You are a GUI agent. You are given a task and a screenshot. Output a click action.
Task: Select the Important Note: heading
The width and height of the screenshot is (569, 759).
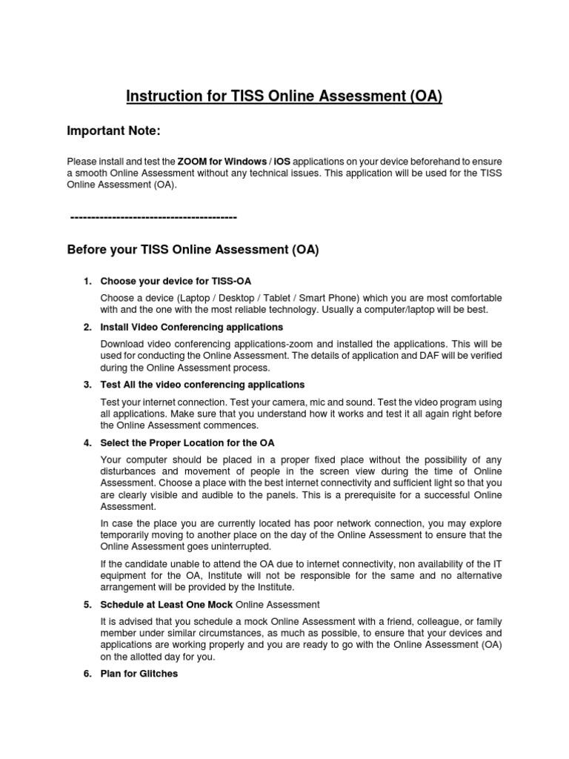click(x=113, y=131)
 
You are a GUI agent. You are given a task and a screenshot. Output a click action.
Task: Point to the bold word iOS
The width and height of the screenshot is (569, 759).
click(x=282, y=162)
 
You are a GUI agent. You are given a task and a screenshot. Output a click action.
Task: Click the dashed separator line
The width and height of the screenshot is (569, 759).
click(x=153, y=216)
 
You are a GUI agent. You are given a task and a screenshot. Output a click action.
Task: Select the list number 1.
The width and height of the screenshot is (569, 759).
click(x=87, y=282)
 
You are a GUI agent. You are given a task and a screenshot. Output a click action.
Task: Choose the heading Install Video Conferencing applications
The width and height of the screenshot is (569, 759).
click(x=191, y=327)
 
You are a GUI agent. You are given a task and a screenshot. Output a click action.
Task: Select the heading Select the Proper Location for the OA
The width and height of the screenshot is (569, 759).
click(x=187, y=443)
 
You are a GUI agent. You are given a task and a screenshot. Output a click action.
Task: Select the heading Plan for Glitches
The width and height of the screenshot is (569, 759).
click(x=139, y=674)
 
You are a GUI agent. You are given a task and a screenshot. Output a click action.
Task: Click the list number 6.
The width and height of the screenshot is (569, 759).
click(x=87, y=674)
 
